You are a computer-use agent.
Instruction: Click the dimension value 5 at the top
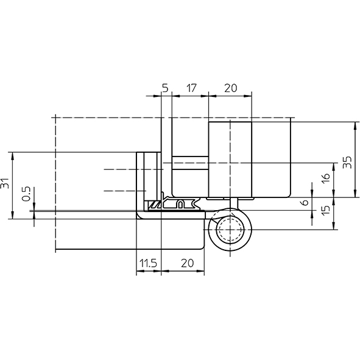coord(165,88)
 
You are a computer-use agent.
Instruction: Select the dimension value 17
coord(191,88)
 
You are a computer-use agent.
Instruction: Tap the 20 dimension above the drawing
coord(230,88)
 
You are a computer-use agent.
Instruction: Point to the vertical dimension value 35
coord(347,162)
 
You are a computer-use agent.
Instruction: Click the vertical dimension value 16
coord(326,178)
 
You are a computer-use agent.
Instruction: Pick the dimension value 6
coord(305,202)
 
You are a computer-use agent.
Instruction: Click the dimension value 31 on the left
coord(5,183)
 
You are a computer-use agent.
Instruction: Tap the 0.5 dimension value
coord(26,194)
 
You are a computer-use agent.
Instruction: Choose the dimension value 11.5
coord(148,263)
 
